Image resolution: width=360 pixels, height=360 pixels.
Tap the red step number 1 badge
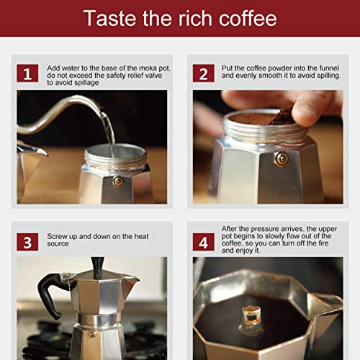(28, 73)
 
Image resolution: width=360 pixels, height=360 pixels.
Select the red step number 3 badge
(28, 242)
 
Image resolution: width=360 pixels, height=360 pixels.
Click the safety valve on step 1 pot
(118, 181)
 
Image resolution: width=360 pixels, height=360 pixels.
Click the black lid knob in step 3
(96, 266)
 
